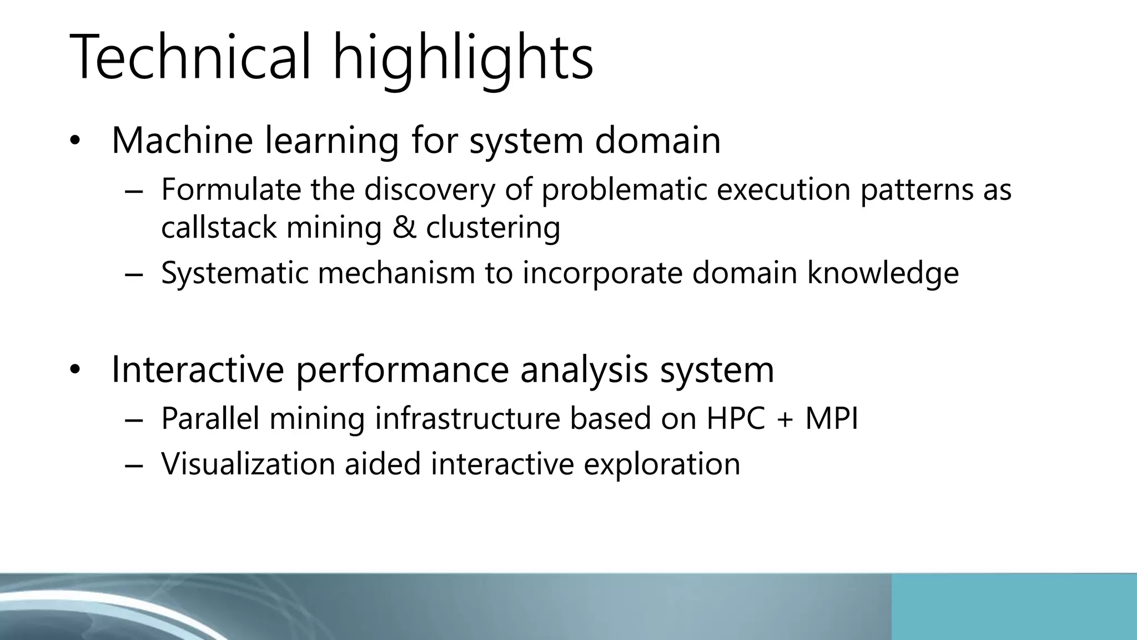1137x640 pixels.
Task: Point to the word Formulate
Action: click(x=230, y=189)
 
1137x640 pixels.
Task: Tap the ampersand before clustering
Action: click(x=404, y=228)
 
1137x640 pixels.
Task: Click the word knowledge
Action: click(x=883, y=273)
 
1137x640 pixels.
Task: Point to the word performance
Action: click(x=403, y=370)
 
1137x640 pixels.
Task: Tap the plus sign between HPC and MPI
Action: click(x=785, y=419)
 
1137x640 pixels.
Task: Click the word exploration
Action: click(x=662, y=465)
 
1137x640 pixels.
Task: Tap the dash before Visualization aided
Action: click(x=134, y=466)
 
